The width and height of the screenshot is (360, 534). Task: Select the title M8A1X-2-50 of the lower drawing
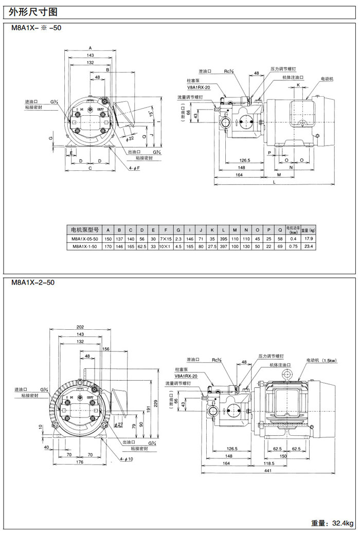pos(33,282)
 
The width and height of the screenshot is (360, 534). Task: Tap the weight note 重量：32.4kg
pos(332,524)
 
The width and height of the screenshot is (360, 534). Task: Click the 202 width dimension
pos(80,327)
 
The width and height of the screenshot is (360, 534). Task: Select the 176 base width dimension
pos(79,462)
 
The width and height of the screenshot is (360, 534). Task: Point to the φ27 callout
pos(119,424)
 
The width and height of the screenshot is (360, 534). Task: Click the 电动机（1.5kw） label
pos(321,360)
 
